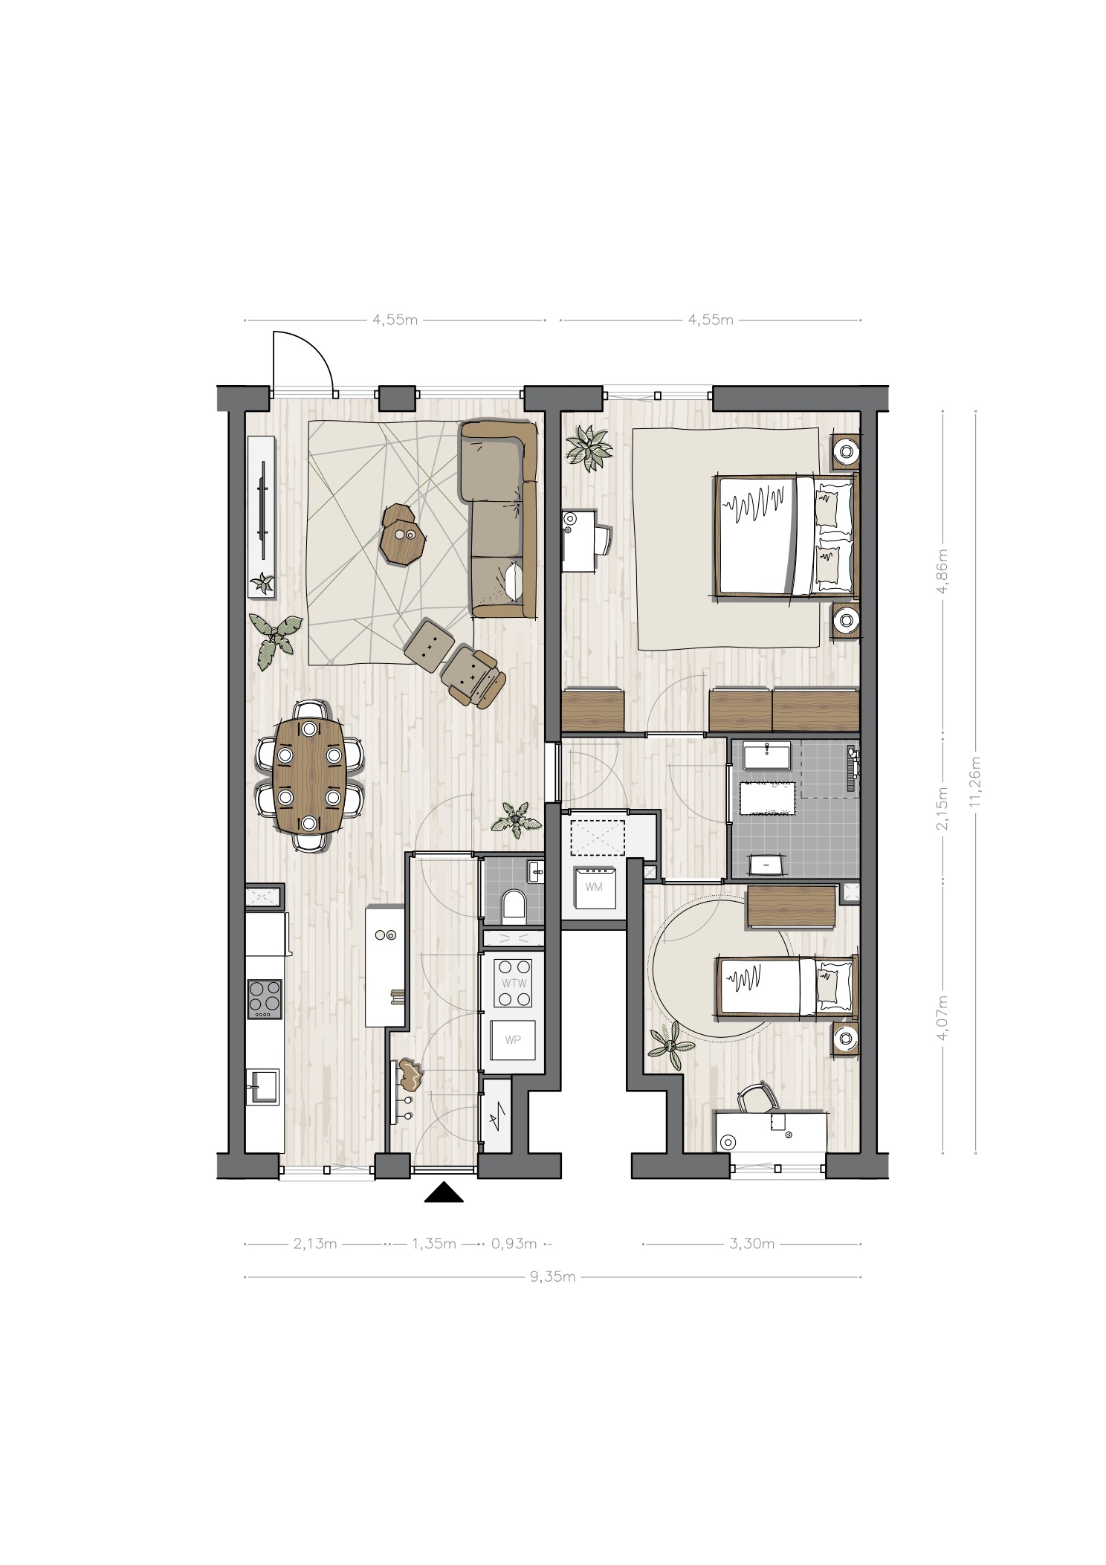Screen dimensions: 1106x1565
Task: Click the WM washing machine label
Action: [594, 887]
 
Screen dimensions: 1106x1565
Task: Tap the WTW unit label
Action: [514, 982]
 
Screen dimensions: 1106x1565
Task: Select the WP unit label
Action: [513, 1039]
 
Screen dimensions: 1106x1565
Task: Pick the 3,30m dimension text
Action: [752, 1243]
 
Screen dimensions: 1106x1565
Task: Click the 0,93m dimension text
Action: [514, 1243]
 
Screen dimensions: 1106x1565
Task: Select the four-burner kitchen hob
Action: [265, 998]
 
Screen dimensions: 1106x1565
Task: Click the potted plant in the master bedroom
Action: [589, 448]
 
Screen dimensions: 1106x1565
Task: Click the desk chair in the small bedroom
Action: [757, 1098]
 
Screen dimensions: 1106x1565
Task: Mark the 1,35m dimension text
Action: [433, 1243]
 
